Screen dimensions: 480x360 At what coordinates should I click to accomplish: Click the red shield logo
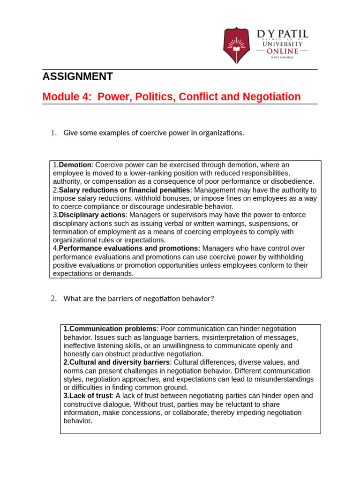236,46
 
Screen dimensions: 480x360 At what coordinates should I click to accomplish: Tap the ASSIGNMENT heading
77,77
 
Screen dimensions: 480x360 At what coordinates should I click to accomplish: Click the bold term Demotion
74,165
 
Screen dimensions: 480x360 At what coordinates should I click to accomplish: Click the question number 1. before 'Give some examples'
53,133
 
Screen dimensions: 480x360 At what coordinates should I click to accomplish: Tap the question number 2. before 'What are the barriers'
53,299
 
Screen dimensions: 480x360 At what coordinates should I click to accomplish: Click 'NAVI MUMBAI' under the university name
282,57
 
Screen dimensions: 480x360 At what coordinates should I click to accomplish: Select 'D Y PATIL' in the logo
282,34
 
